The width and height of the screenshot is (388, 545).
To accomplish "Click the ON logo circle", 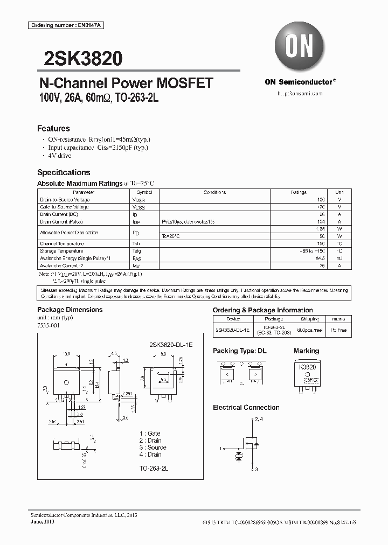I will click(x=300, y=47).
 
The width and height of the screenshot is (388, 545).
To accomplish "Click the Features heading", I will click(x=53, y=129).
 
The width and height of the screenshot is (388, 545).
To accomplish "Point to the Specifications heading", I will click(x=64, y=172).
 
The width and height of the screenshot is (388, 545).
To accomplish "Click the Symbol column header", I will click(x=144, y=192).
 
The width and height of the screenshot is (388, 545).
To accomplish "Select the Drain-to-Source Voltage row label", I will click(x=65, y=200).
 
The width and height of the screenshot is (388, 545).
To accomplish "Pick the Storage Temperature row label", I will click(x=61, y=251).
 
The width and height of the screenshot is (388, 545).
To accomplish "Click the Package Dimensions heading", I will click(x=70, y=310).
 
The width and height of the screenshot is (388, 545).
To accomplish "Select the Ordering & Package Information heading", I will click(x=262, y=310).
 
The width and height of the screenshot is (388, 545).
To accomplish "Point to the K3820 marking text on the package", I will click(x=307, y=367).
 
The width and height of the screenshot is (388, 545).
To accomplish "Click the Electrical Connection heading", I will click(x=246, y=408).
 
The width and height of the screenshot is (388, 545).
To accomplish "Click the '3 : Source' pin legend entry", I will click(x=153, y=448).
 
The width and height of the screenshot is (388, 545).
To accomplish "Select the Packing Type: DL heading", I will click(x=239, y=351).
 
